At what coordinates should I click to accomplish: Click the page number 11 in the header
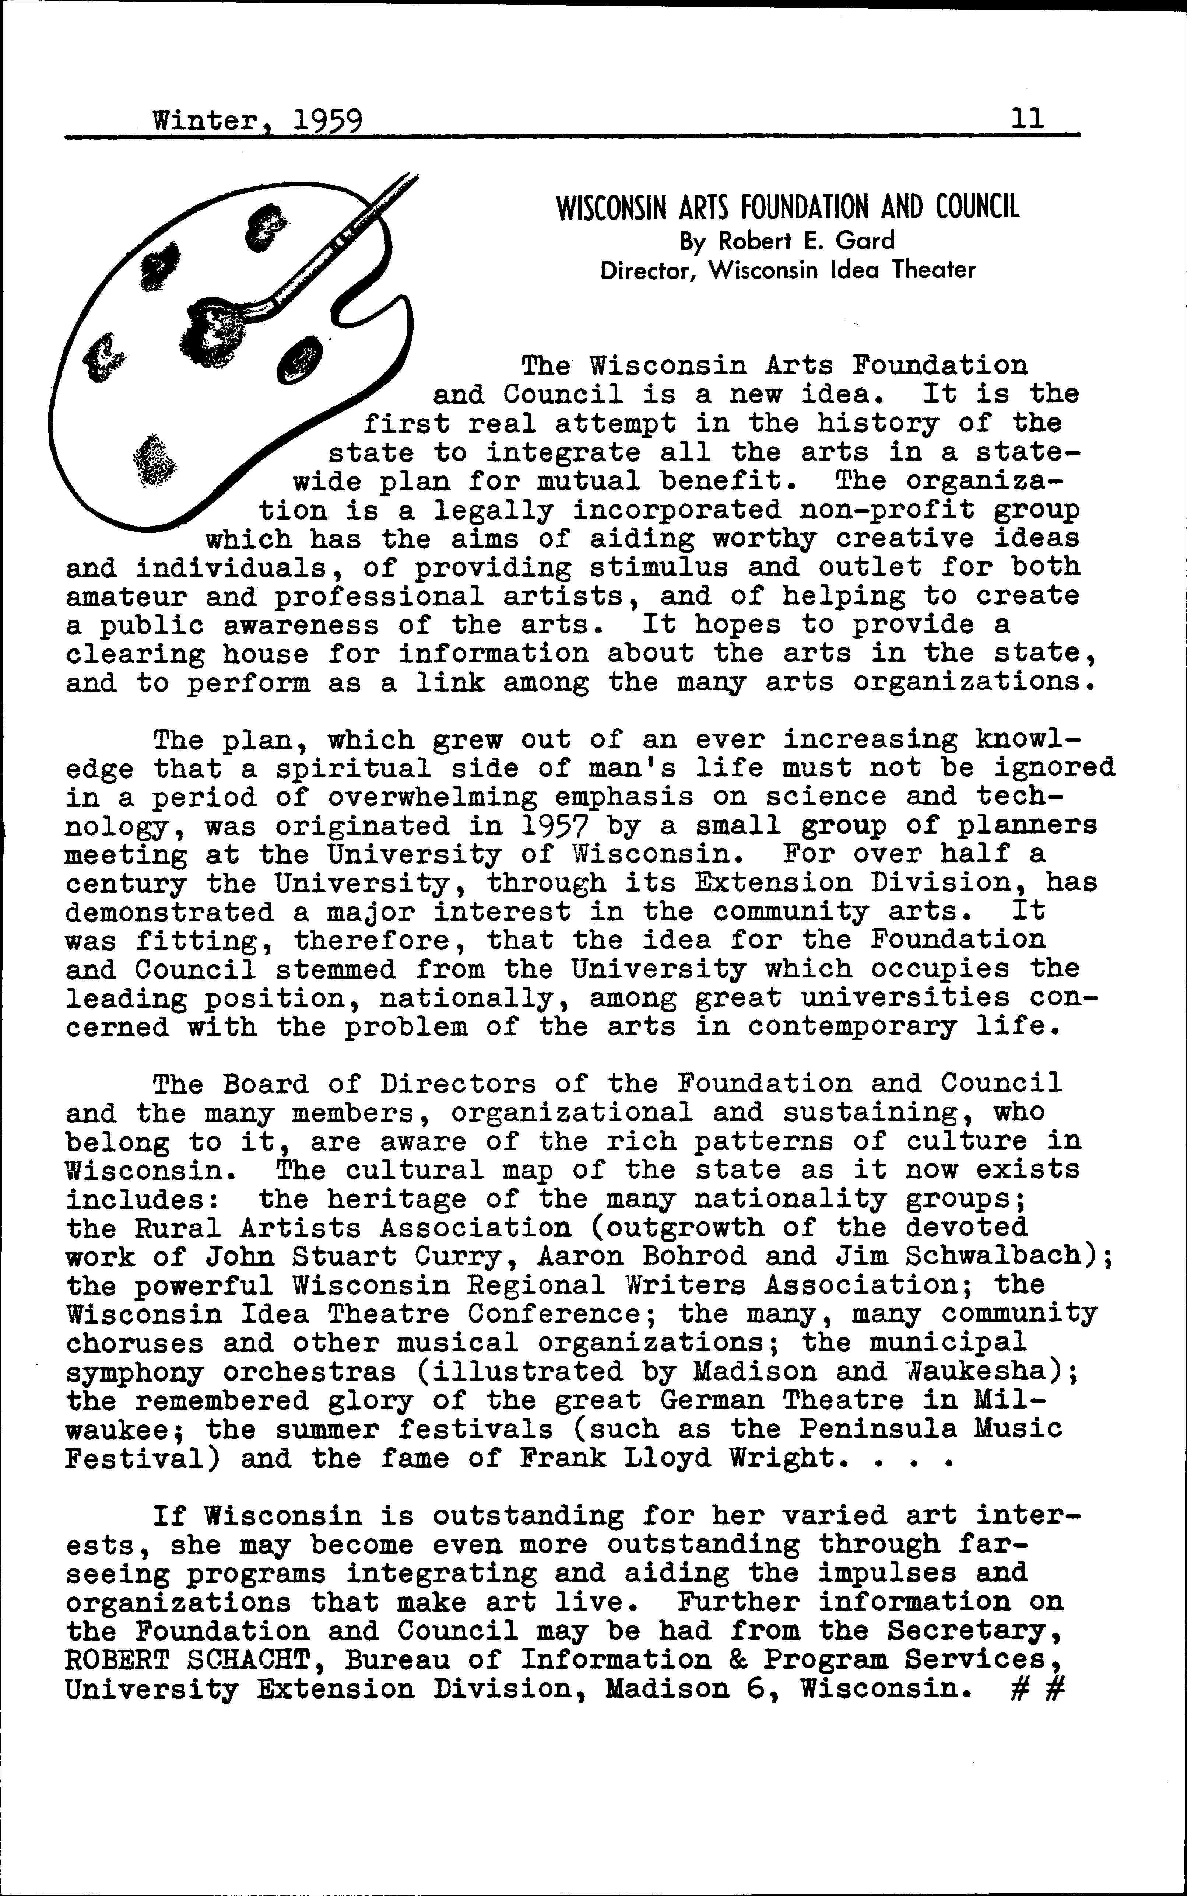(1028, 119)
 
